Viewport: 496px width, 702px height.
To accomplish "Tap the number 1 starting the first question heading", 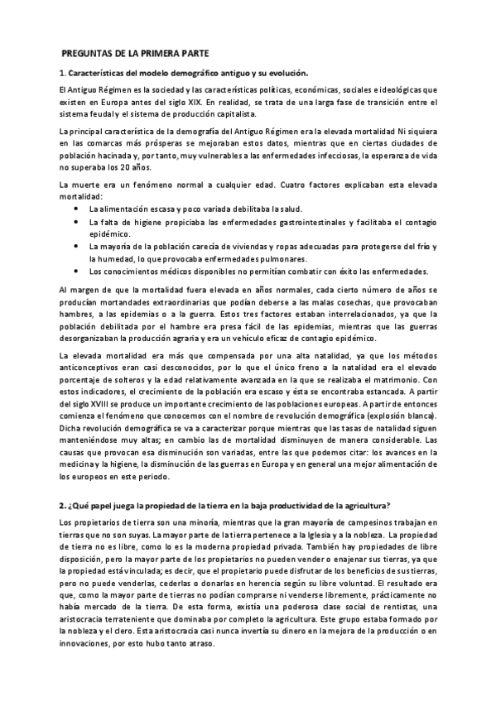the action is tap(61, 72).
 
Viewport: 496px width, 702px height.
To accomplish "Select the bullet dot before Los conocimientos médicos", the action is tap(76, 272).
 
